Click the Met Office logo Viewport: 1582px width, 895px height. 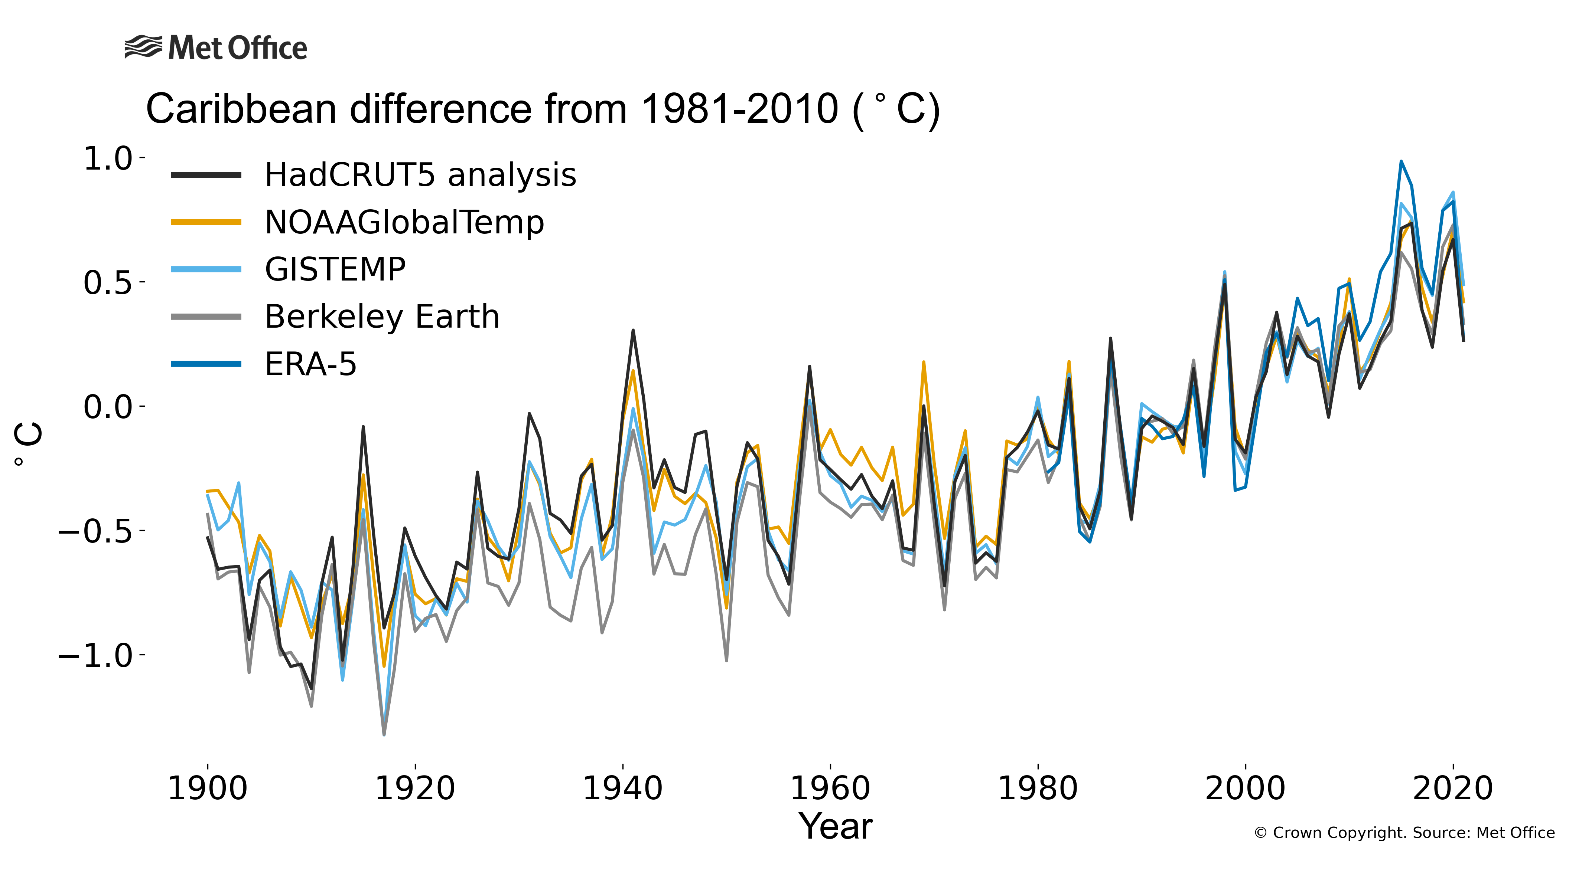(215, 48)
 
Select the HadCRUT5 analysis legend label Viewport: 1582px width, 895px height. (420, 175)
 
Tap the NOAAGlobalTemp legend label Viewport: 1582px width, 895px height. (404, 223)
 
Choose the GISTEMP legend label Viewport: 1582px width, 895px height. (335, 270)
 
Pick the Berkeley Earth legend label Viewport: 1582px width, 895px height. (381, 317)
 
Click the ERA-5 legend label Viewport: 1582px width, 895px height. (310, 364)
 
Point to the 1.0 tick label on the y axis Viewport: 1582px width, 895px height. (108, 158)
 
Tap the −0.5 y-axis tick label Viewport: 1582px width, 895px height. (95, 531)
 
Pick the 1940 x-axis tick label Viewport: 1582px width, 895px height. (622, 789)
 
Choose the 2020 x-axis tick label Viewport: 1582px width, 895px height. (1453, 789)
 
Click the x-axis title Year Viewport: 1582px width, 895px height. (835, 827)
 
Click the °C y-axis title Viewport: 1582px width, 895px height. (29, 444)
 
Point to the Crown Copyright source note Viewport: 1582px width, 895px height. (1404, 833)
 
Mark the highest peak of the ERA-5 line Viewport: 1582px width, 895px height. (1401, 162)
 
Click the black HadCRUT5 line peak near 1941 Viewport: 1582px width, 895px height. (633, 331)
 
